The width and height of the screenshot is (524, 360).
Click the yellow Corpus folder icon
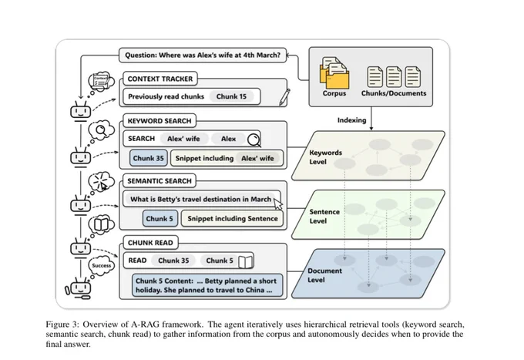click(x=334, y=73)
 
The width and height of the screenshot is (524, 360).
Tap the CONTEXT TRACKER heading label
click(x=160, y=79)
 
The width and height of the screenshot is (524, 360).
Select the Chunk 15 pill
click(x=231, y=96)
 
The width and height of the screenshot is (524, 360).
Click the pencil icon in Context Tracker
click(x=284, y=97)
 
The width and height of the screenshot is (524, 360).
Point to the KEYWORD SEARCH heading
click(x=160, y=121)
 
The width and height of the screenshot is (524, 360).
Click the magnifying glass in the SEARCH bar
click(x=254, y=140)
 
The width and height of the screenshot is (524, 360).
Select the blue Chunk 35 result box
click(x=149, y=158)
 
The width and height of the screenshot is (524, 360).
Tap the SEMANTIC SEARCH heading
click(x=160, y=181)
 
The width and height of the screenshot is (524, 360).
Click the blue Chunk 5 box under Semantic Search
click(x=160, y=219)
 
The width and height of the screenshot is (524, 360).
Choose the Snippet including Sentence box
click(x=232, y=219)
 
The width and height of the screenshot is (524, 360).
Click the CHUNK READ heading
click(x=150, y=243)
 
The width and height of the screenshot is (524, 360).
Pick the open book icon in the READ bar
click(x=245, y=261)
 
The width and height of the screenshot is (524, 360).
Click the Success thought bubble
click(x=102, y=265)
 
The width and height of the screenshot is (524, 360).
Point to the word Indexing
click(x=351, y=120)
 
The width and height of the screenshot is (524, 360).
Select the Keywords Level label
click(x=325, y=157)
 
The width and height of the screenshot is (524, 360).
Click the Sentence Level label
click(x=324, y=217)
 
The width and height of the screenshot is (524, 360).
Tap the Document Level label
click(x=324, y=275)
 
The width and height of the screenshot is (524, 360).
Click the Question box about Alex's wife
click(x=203, y=56)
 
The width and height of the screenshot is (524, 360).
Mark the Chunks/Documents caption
click(x=394, y=93)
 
